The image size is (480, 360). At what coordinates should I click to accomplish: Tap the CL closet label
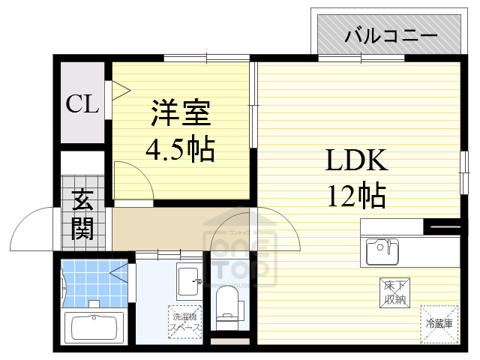(x=82, y=104)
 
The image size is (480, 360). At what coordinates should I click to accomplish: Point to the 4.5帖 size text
(x=180, y=150)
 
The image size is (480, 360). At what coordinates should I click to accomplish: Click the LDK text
(x=355, y=160)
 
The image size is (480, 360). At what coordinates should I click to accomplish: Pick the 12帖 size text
(x=355, y=196)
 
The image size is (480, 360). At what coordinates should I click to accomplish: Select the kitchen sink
(x=382, y=251)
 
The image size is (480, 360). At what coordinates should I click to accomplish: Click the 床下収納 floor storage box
(x=394, y=292)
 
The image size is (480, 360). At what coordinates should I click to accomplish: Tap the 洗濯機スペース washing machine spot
(x=184, y=322)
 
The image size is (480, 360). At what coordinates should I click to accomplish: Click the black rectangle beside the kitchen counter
(x=442, y=224)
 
